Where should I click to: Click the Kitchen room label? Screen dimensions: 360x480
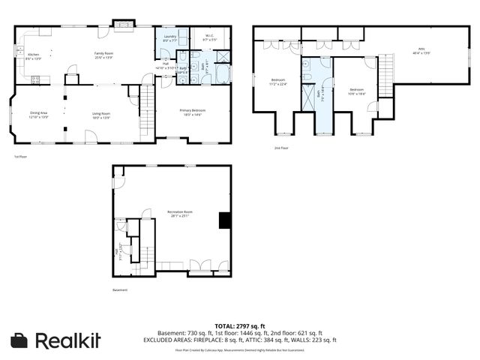[x=33, y=56]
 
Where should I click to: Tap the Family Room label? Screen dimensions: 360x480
[x=103, y=55]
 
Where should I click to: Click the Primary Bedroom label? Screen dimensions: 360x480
[x=193, y=112]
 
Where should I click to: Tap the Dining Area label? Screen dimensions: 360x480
[x=38, y=115]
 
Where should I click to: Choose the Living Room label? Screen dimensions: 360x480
[x=101, y=115]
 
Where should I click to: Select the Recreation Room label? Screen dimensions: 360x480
[x=178, y=215]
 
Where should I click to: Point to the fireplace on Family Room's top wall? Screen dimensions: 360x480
[x=120, y=23]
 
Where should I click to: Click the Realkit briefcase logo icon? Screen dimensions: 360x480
[x=20, y=340]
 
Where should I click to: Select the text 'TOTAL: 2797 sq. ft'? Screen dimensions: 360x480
[x=239, y=325]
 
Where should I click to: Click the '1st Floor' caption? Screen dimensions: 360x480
[x=20, y=156]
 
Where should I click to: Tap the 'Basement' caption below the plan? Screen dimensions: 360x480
[x=120, y=290]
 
